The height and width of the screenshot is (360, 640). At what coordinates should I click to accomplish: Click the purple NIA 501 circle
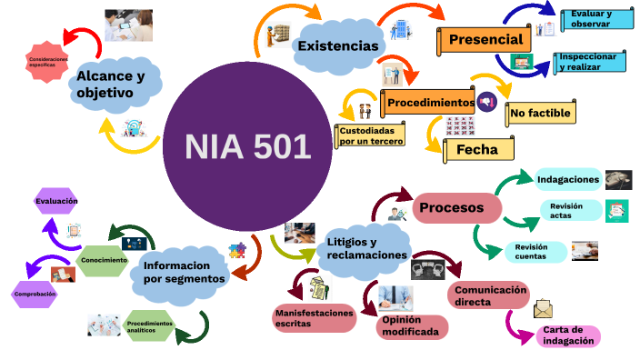[x=246, y=145]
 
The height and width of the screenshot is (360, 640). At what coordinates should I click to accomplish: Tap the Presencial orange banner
[x=485, y=40]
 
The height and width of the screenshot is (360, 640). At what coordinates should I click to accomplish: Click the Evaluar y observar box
[x=597, y=19]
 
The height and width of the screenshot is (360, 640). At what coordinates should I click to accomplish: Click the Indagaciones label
[x=568, y=179]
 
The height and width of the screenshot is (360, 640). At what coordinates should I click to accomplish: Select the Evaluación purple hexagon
[x=56, y=201]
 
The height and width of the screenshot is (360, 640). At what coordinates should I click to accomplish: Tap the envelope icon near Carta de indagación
[x=544, y=307]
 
